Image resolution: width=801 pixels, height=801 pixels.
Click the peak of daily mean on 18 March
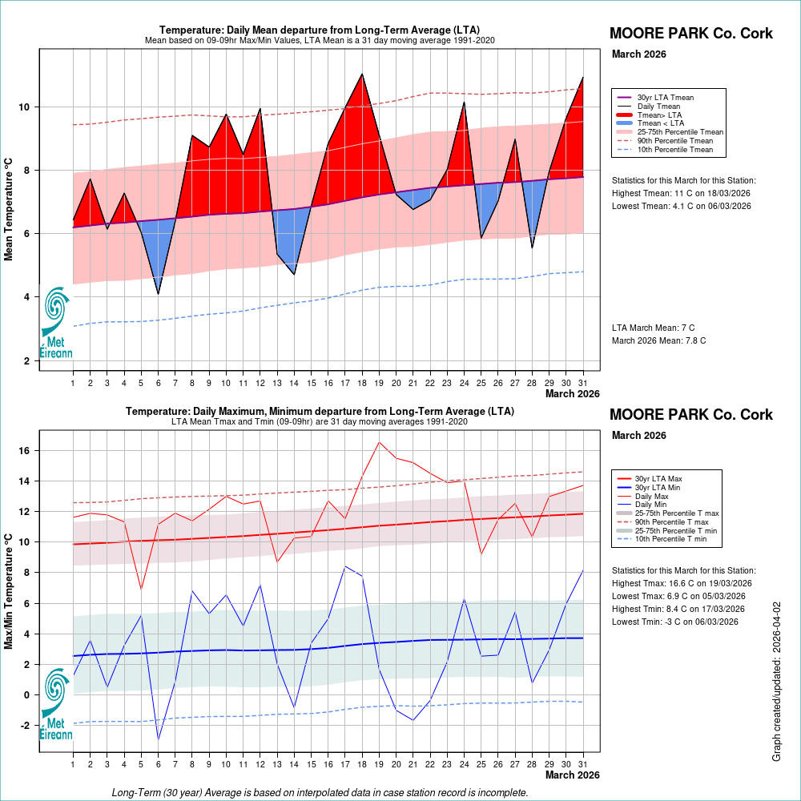(362, 74)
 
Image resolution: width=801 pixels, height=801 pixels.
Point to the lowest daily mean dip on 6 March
(158, 294)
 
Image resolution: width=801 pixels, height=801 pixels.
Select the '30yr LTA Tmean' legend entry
(665, 98)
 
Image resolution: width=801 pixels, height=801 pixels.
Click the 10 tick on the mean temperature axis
(24, 107)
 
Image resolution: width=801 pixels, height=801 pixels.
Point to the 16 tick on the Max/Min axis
(24, 451)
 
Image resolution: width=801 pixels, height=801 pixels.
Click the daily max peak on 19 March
(380, 442)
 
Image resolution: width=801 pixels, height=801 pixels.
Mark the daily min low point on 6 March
(158, 739)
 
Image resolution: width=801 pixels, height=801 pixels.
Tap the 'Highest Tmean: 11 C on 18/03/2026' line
(682, 193)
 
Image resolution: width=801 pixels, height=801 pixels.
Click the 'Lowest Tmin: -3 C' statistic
(678, 622)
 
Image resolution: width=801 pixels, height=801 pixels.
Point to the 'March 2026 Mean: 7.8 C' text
(659, 340)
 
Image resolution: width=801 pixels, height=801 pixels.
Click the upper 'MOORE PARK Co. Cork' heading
(691, 34)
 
